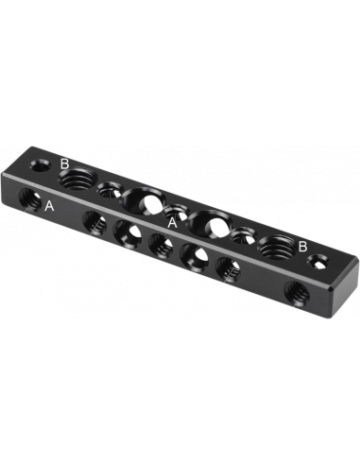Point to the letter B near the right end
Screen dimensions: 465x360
(x=303, y=246)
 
